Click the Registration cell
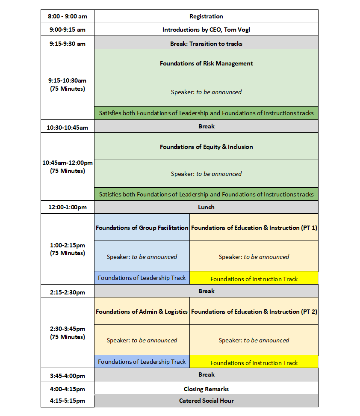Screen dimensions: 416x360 point(206,16)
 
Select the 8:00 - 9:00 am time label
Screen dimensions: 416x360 point(68,16)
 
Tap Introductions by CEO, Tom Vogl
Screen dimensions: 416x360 point(206,30)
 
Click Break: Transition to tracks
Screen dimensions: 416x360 point(206,43)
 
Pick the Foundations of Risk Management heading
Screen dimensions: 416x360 point(206,63)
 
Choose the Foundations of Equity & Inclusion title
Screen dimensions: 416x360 point(206,147)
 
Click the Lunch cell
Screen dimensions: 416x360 point(206,207)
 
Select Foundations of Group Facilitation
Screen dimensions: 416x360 point(142,228)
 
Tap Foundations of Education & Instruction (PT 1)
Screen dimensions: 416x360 point(254,228)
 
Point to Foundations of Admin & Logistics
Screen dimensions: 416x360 point(142,312)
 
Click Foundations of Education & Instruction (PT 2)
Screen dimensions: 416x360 point(254,312)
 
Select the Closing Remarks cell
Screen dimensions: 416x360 point(206,389)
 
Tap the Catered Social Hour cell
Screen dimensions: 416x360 point(206,401)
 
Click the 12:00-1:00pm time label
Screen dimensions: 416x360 point(68,207)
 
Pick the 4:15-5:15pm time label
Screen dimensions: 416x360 point(68,401)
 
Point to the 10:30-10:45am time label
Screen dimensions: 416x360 point(68,127)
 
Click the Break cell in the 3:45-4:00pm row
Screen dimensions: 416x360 point(206,374)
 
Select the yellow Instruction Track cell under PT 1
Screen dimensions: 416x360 point(254,279)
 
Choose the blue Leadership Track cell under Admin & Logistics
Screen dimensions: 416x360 point(142,362)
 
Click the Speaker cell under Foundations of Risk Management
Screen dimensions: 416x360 point(206,92)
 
